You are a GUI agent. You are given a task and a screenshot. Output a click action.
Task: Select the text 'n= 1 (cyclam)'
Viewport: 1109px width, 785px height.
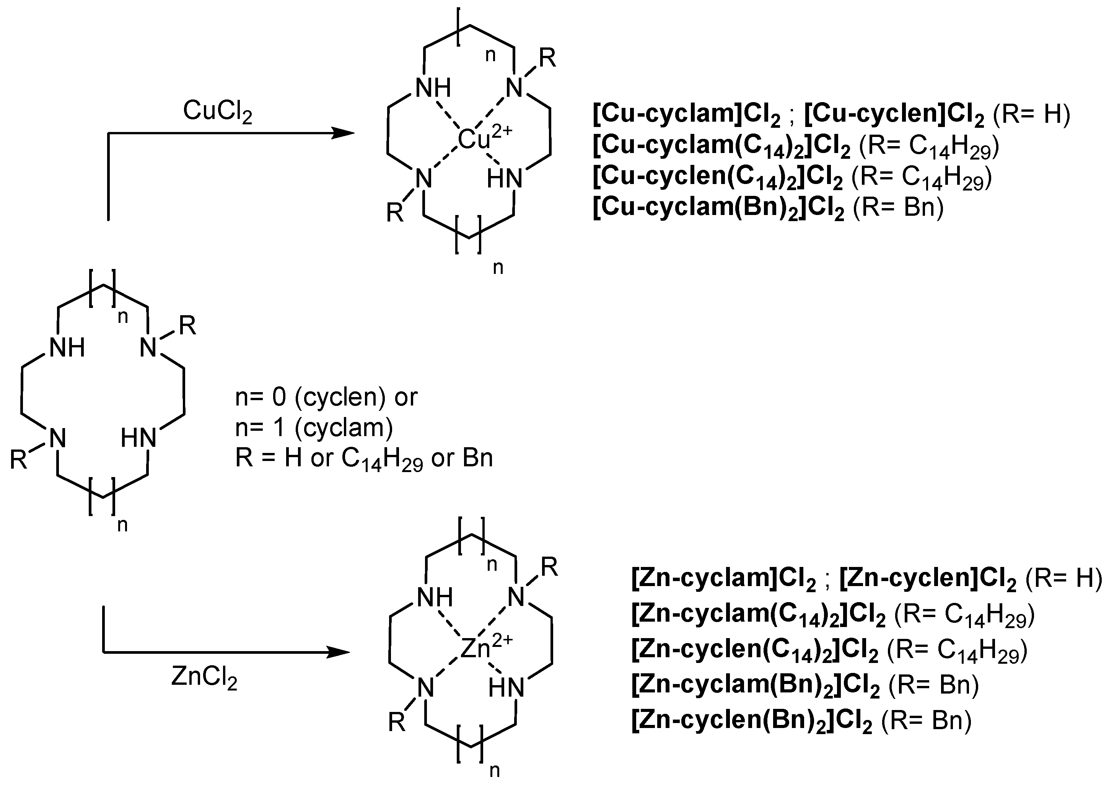coord(314,428)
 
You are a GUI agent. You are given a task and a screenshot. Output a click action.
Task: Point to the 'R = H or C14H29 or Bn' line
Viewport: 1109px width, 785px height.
coord(363,458)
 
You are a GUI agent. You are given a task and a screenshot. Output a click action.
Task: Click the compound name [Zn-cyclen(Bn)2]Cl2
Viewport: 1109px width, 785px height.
coord(752,721)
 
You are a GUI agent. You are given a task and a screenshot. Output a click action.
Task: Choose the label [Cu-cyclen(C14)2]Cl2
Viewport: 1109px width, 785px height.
coord(718,178)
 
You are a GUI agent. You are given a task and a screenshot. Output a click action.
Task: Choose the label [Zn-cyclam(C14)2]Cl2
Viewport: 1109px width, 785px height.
coord(758,614)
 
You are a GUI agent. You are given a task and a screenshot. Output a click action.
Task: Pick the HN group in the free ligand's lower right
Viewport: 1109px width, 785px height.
coord(139,438)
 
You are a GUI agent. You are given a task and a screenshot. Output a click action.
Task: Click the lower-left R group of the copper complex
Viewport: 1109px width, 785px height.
coord(395,213)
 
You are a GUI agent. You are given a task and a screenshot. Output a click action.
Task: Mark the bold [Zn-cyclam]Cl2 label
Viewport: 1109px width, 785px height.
coord(723,579)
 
